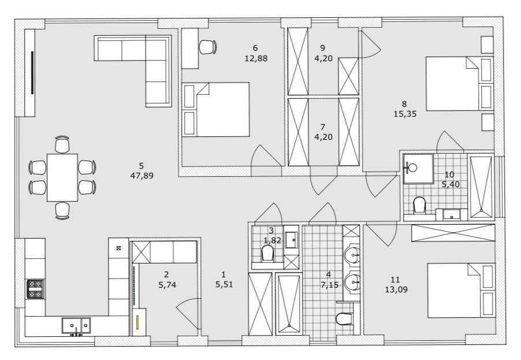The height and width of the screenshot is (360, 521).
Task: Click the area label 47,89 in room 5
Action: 142,176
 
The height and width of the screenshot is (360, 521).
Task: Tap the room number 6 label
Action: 255,48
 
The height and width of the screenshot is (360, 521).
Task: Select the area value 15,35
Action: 405,114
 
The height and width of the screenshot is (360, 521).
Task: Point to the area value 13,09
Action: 396,290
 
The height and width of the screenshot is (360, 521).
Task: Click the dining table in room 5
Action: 62,177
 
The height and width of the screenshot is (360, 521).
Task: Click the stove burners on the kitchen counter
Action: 36,289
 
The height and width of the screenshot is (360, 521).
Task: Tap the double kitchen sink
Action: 76,325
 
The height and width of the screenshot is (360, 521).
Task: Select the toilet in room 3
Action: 267,253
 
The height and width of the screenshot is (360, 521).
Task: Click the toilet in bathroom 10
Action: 419,205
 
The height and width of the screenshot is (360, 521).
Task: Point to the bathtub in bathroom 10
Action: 481,187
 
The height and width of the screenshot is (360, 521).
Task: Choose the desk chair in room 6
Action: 208,47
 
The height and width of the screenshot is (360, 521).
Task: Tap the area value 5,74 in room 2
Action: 167,285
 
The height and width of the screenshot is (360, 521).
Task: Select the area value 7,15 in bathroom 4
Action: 329,285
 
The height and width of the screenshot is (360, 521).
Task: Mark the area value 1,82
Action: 272,240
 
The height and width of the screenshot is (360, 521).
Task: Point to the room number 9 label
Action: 322,48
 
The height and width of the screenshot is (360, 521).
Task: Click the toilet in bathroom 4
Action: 344,319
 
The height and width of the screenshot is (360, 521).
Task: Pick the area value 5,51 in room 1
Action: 224,284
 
